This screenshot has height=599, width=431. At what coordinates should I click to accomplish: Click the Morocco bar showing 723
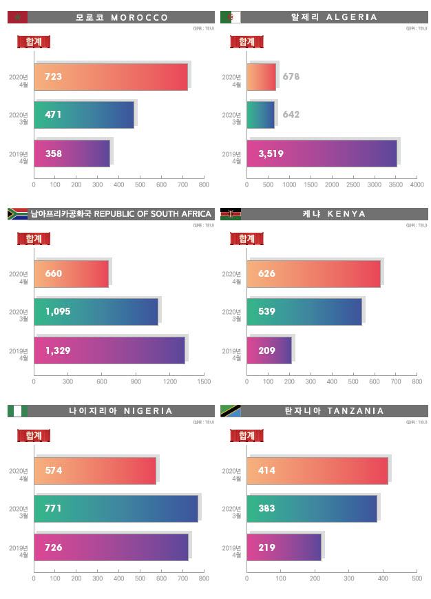point(110,76)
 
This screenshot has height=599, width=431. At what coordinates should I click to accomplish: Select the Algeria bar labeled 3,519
point(322,153)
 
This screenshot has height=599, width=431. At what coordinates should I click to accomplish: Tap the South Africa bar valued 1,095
point(96,311)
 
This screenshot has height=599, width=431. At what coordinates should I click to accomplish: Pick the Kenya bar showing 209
point(269,350)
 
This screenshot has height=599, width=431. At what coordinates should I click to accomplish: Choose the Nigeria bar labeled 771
point(116,508)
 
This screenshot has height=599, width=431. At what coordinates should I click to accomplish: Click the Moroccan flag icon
point(17,17)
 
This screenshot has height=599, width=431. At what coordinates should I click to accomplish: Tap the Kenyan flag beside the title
point(230,213)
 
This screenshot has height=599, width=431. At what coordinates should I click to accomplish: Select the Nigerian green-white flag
point(17,411)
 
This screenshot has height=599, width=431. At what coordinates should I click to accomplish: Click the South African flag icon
point(17,213)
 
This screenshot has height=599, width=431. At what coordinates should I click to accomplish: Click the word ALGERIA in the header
point(352,17)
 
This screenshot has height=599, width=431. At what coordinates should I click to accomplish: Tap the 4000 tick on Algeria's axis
point(417,185)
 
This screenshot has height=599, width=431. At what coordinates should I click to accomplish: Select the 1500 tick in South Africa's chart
point(204,381)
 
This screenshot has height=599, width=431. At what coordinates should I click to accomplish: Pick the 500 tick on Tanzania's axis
point(417,578)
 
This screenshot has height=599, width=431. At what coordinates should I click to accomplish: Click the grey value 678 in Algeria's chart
point(291,76)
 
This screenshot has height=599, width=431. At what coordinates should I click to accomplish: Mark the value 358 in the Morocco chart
point(53,153)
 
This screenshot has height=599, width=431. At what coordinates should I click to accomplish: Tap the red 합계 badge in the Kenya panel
point(246,239)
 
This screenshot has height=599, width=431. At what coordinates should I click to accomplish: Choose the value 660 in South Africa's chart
point(53,273)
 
